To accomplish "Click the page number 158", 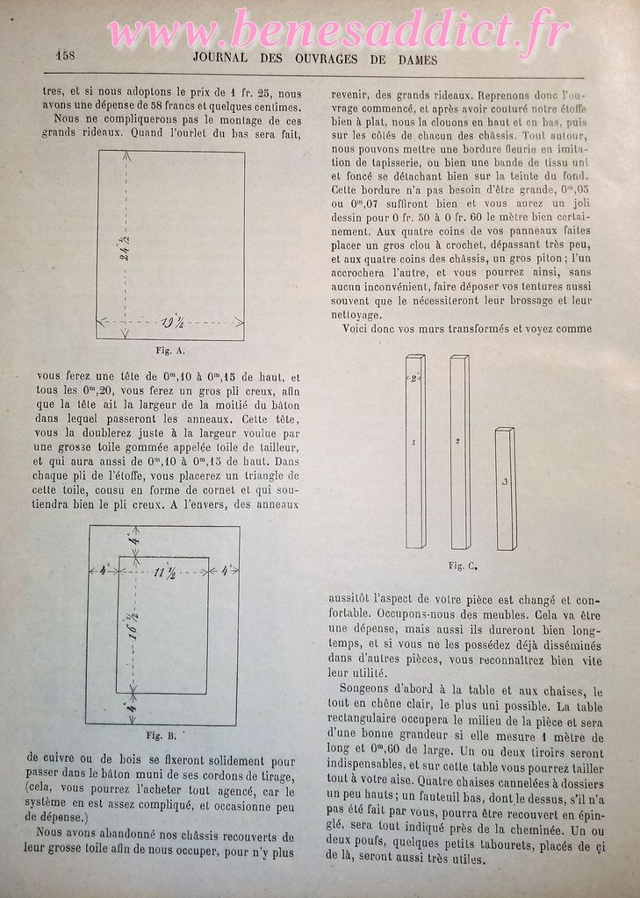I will point(65,54).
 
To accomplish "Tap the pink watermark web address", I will point(338,32).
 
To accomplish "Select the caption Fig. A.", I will point(169,350).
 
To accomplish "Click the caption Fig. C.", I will point(462,566).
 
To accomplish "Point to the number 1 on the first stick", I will point(413,443).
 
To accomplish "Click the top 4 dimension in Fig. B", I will point(134,541).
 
